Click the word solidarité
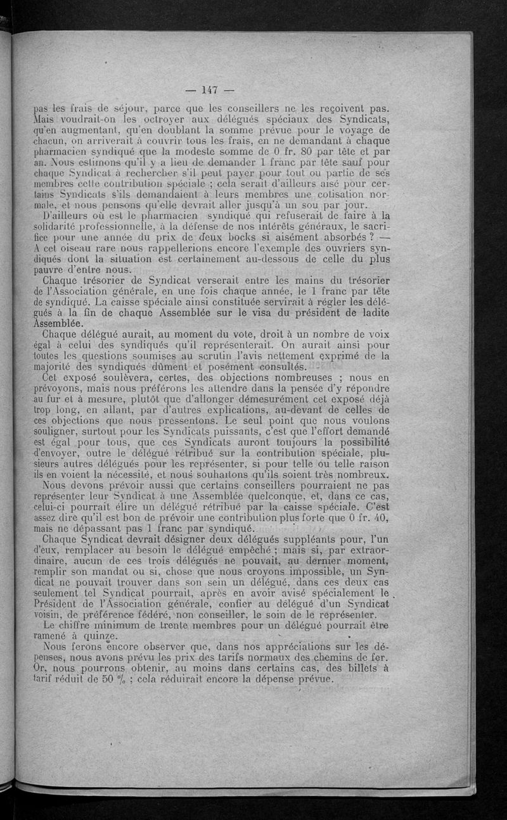click(x=58, y=227)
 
